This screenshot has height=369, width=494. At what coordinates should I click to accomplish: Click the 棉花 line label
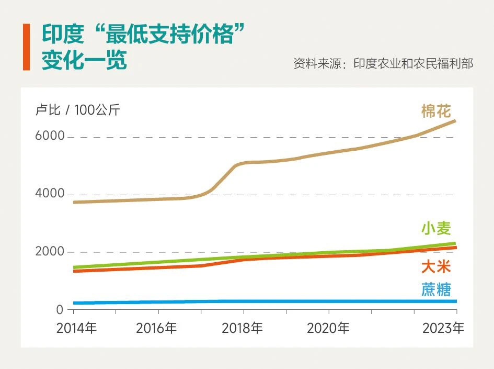click(x=436, y=111)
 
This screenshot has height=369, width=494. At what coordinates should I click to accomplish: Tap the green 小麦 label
click(x=436, y=229)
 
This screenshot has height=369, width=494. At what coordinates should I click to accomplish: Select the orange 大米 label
click(x=436, y=267)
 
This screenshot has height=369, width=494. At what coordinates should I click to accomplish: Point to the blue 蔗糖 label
click(x=436, y=289)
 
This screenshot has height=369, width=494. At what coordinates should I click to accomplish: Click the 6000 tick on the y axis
click(x=50, y=136)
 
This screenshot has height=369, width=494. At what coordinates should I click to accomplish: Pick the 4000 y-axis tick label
click(x=50, y=194)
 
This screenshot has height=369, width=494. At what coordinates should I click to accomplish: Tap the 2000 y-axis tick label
click(x=50, y=252)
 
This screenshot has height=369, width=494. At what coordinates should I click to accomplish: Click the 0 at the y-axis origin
click(x=60, y=310)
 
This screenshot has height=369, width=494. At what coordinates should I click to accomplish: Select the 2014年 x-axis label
click(x=76, y=329)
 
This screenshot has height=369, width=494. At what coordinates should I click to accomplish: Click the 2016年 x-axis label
click(x=156, y=329)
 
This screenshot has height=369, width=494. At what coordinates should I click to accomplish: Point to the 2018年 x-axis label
click(x=242, y=329)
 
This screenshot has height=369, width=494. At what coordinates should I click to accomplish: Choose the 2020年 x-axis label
click(x=328, y=329)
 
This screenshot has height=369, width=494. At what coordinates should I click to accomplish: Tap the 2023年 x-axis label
click(x=443, y=329)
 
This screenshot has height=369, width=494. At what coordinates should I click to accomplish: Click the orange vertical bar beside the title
click(x=26, y=47)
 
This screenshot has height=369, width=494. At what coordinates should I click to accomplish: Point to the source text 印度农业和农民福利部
click(x=413, y=64)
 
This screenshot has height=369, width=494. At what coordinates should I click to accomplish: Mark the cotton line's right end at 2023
click(x=455, y=121)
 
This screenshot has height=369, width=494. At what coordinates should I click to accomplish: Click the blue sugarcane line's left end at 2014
click(x=75, y=303)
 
